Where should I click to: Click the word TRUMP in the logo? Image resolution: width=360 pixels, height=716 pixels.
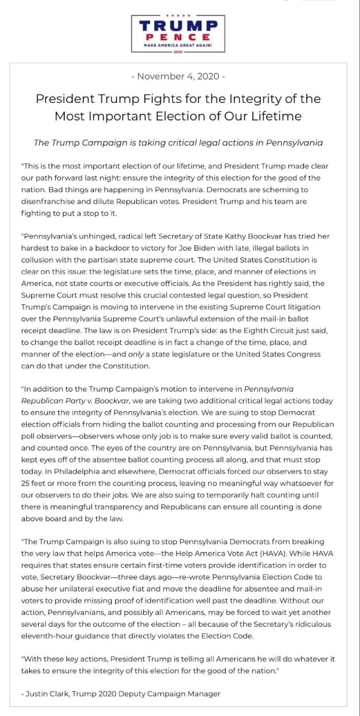click(178, 26)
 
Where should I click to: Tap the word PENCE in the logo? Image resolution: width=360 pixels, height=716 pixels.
click(178, 36)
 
